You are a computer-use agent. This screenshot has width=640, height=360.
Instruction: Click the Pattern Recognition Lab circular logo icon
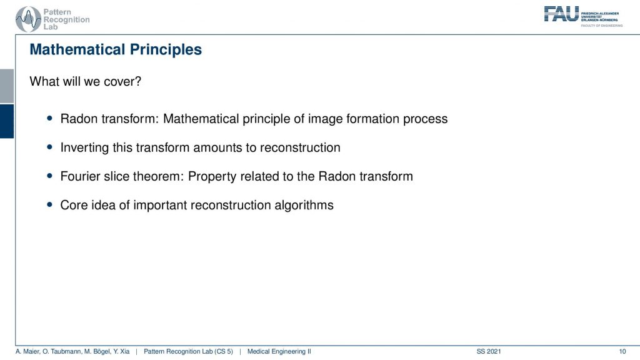pyautogui.click(x=28, y=19)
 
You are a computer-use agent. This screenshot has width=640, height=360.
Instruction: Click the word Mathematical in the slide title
pyautogui.click(x=77, y=49)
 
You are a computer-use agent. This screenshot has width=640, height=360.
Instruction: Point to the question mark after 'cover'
pyautogui.click(x=138, y=81)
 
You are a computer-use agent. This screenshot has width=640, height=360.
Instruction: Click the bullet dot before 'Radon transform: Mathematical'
pyautogui.click(x=50, y=118)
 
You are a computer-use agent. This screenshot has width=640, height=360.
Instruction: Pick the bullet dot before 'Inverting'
pyautogui.click(x=50, y=147)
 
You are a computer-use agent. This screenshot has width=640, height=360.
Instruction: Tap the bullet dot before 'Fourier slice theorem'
pyautogui.click(x=50, y=176)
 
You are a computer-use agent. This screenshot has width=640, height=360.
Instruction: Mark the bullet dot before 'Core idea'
pyautogui.click(x=50, y=204)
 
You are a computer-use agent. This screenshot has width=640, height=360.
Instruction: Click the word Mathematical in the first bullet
pyautogui.click(x=201, y=119)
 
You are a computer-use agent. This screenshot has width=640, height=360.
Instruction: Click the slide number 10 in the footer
pyautogui.click(x=622, y=351)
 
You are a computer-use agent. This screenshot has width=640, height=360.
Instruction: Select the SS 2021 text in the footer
pyautogui.click(x=489, y=351)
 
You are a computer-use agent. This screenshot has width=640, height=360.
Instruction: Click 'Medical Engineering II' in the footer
pyautogui.click(x=279, y=351)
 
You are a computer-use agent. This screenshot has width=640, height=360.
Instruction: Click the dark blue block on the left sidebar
pyautogui.click(x=7, y=121)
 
